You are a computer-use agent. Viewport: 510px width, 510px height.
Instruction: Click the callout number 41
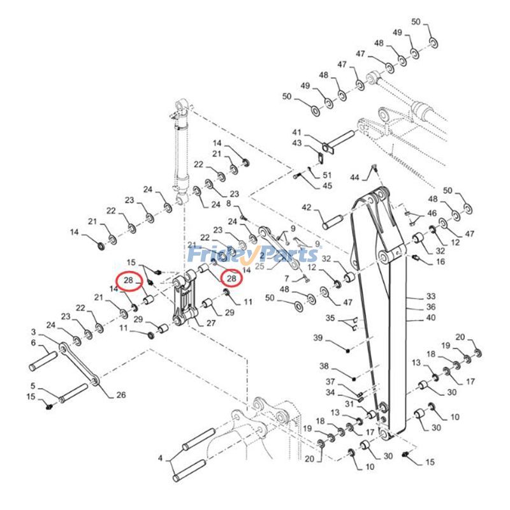click(x=296, y=132)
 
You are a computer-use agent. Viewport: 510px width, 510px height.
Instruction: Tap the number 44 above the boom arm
click(x=355, y=176)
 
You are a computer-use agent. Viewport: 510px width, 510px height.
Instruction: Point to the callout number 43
click(x=296, y=143)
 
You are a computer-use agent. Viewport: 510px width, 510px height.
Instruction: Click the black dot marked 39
click(x=348, y=350)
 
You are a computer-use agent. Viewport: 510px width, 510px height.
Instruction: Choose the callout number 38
click(x=324, y=367)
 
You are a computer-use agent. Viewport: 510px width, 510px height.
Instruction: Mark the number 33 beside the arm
click(x=431, y=296)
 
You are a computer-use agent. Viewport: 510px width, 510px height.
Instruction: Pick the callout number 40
click(x=431, y=317)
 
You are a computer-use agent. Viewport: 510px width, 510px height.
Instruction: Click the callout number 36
click(x=431, y=307)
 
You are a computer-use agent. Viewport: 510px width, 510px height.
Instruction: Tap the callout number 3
click(x=33, y=332)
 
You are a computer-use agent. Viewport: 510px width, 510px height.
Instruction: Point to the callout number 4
click(x=161, y=458)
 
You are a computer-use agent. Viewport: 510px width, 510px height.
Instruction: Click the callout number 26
click(x=120, y=395)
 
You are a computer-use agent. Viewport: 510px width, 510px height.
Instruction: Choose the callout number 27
click(x=210, y=323)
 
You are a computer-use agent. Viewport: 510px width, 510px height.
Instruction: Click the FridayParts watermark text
click(x=252, y=255)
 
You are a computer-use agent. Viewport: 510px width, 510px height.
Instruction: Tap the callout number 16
click(x=441, y=262)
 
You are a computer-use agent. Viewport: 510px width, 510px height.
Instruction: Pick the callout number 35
click(x=330, y=317)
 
